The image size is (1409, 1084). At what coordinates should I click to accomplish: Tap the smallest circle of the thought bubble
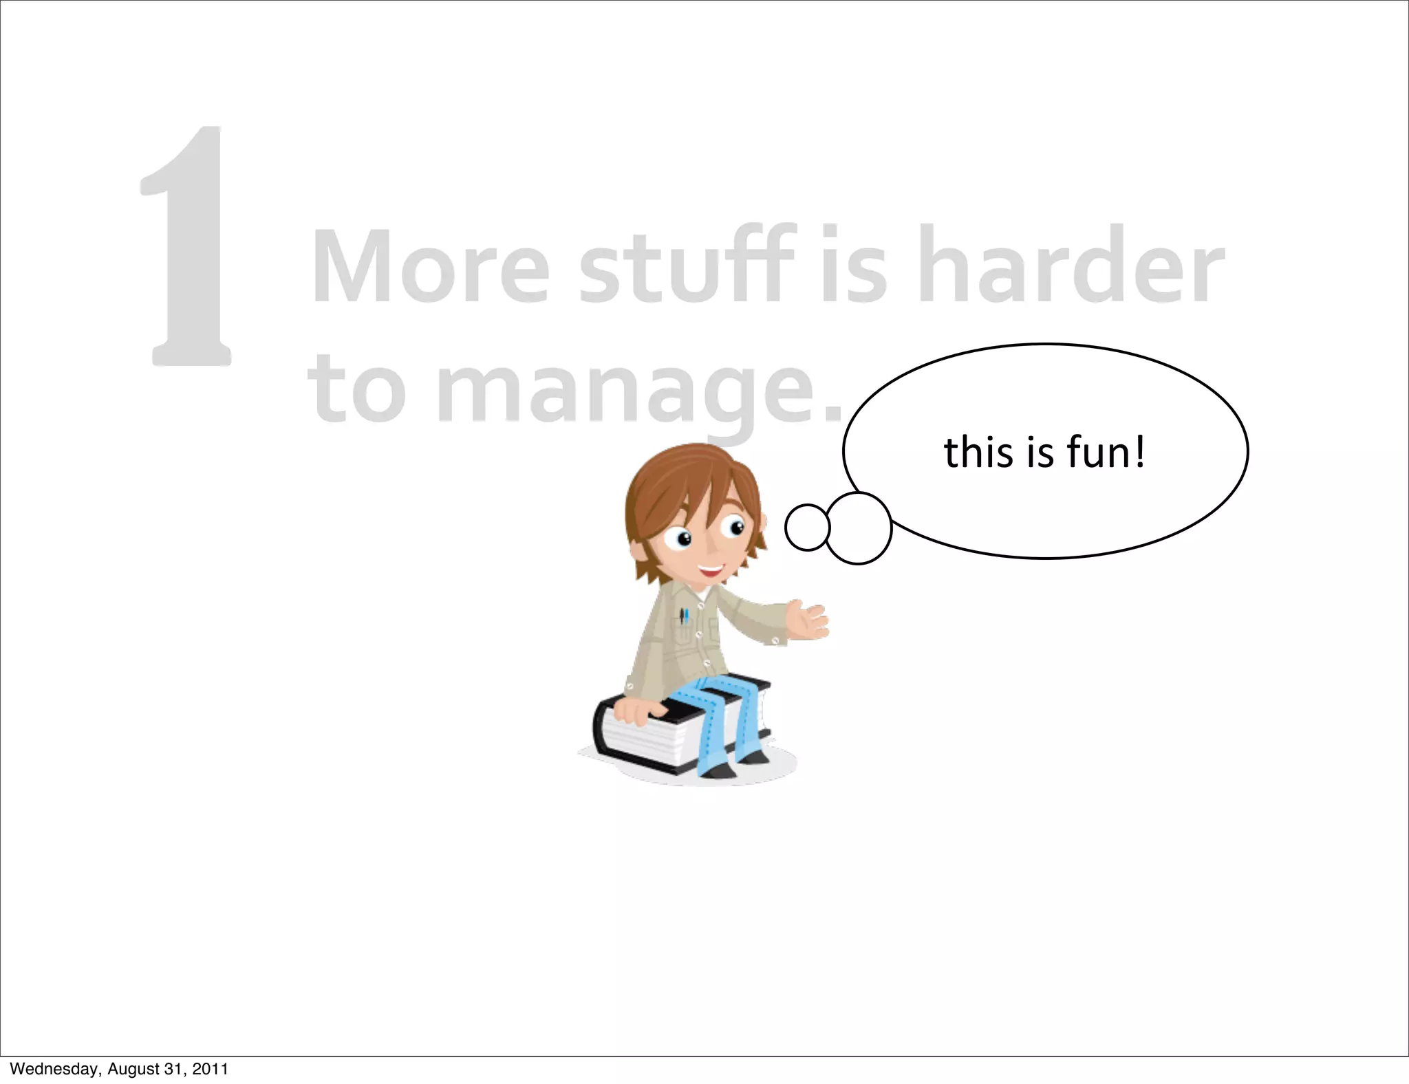tap(807, 528)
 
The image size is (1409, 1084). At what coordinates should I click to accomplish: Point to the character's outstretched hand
tap(808, 619)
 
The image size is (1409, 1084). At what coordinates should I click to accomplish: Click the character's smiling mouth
tap(710, 570)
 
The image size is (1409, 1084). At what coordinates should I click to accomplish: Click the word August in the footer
tap(130, 1069)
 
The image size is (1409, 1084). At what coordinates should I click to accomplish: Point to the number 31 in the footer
tap(173, 1069)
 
